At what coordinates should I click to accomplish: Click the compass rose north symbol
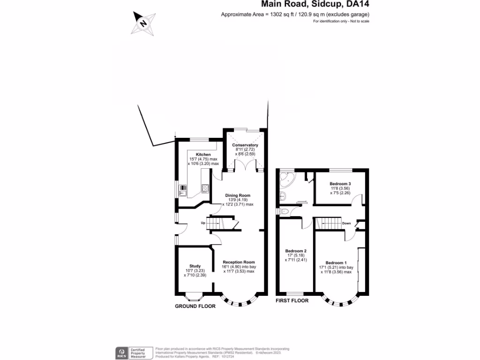click(x=143, y=22)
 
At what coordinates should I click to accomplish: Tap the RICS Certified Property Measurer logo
click(x=135, y=352)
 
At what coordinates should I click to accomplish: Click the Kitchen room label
click(x=203, y=154)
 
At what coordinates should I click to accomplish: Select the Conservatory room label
click(x=245, y=145)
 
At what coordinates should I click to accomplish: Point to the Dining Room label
click(x=238, y=195)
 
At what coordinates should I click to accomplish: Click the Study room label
click(x=195, y=266)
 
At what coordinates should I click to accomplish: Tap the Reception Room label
click(x=239, y=262)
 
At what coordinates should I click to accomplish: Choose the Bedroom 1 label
click(x=336, y=262)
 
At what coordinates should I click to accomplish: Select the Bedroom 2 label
click(x=295, y=251)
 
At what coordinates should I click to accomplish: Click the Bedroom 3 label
click(x=340, y=184)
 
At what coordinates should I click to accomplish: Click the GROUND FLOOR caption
click(x=195, y=306)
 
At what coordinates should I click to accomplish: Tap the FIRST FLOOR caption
click(x=292, y=300)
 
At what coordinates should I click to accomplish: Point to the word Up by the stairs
click(x=203, y=223)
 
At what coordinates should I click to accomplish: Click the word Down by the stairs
click(x=346, y=223)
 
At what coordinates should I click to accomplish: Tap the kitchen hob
click(x=205, y=189)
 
